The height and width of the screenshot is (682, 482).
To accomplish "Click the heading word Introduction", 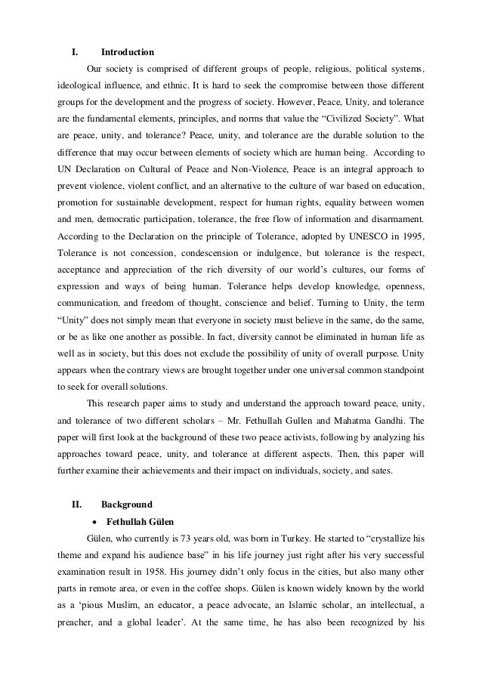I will (127, 52).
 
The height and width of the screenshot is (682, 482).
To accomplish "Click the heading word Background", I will (126, 483).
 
